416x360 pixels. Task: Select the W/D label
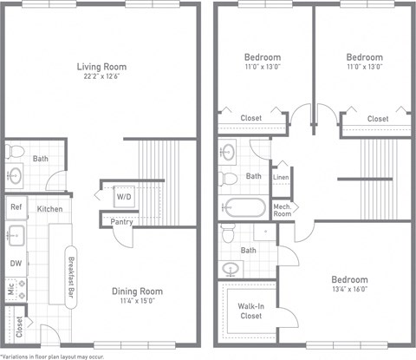point(125,197)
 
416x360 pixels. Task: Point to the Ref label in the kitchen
point(16,207)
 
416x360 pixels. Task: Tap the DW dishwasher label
point(16,264)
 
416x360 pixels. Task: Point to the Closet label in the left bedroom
point(251,118)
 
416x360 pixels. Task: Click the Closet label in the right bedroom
point(377,118)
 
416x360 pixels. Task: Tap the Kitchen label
point(49,209)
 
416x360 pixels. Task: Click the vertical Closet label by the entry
point(18,327)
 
